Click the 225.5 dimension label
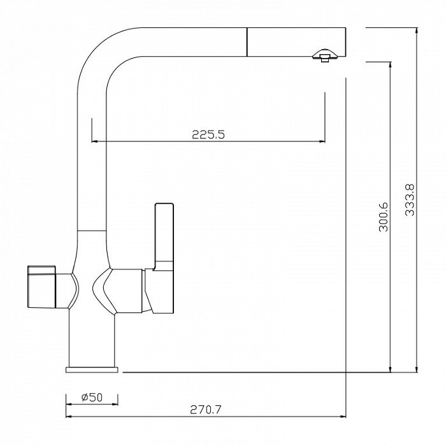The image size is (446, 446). [x=208, y=134]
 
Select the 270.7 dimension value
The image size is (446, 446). [x=205, y=410]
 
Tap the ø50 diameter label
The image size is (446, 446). [x=92, y=397]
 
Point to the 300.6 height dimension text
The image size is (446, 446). [x=384, y=217]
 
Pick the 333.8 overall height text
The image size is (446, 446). [x=410, y=200]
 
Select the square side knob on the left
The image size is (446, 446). [x=41, y=287]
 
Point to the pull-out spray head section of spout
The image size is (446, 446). [x=296, y=42]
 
